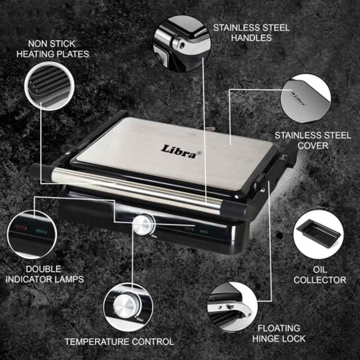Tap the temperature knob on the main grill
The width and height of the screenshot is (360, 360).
click(144, 224)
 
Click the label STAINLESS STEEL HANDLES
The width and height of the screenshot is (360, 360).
click(252, 33)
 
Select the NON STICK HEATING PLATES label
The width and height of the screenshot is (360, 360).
click(53, 49)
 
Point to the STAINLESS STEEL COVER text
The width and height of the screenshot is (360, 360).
click(313, 140)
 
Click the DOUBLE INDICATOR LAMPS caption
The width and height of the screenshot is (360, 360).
click(45, 274)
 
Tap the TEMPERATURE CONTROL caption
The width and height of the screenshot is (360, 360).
click(119, 342)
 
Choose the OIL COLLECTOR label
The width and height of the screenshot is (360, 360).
click(320, 275)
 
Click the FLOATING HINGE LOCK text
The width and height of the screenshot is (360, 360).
click(279, 333)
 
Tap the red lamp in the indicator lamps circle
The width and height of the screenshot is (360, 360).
click(21, 228)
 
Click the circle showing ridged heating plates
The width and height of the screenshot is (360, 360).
click(49, 86)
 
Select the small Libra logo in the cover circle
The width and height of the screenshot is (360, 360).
click(298, 98)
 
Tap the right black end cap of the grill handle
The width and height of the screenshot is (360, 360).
click(232, 208)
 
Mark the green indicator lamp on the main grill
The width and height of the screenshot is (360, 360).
click(204, 232)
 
